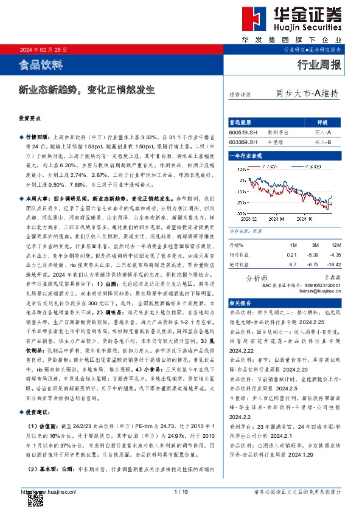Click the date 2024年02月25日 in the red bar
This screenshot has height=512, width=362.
(x=44, y=49)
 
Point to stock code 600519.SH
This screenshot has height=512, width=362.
(x=243, y=132)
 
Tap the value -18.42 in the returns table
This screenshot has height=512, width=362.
(x=332, y=265)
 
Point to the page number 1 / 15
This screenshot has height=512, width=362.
(x=181, y=491)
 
